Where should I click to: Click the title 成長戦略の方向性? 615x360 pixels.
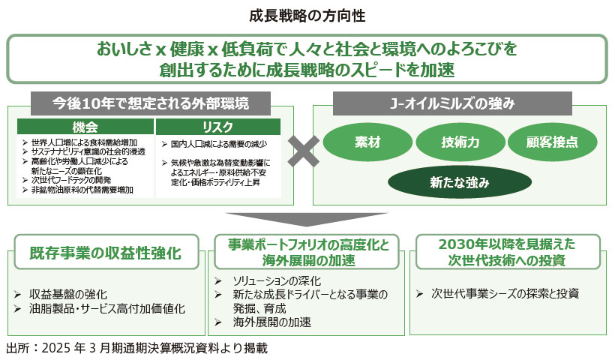pos(307,15)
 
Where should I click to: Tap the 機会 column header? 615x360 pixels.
pos(85,127)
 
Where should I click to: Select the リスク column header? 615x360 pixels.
pos(217,127)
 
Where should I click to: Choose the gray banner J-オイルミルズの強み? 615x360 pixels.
pos(452,102)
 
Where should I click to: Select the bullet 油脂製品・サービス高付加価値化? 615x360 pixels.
pos(107,308)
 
